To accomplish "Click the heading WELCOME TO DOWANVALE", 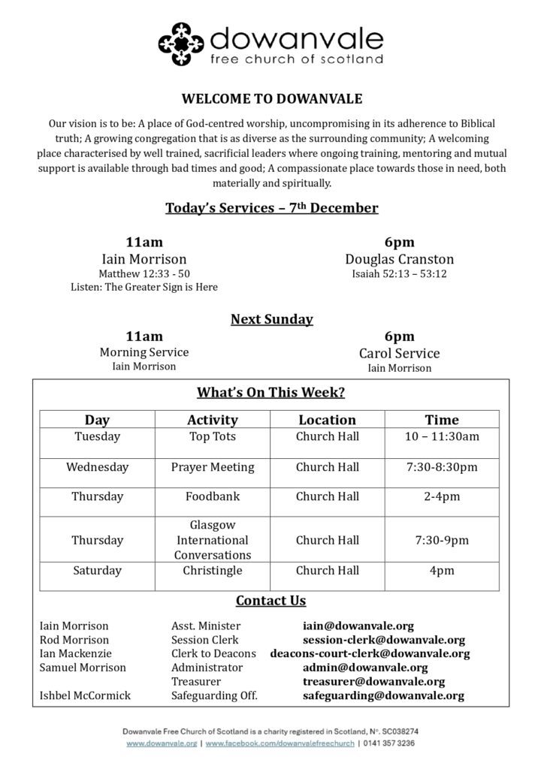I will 271,98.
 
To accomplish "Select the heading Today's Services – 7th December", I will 271,207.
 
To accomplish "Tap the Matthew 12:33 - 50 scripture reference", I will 144,273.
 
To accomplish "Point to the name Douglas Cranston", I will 399,259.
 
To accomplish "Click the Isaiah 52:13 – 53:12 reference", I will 399,273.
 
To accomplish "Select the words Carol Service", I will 399,353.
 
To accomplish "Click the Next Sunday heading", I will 271,319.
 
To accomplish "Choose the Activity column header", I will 212,420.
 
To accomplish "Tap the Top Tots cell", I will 212,436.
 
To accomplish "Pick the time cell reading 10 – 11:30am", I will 441,436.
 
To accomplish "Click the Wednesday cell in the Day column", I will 97,467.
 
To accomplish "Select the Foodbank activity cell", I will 212,496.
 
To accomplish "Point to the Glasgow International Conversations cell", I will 212,540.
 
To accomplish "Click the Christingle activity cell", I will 212,571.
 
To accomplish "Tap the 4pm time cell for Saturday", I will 441,571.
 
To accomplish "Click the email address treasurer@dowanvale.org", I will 373,682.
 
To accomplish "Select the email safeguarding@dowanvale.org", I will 383,696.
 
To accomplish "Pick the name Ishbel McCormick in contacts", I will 85,696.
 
